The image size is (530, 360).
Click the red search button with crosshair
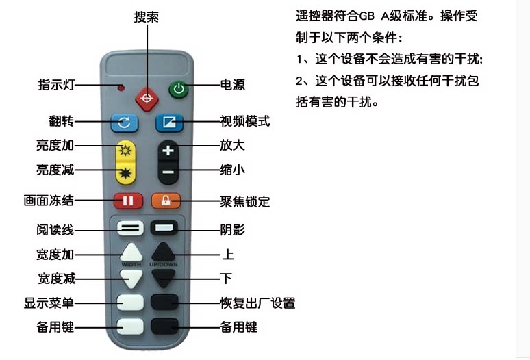tap(145, 99)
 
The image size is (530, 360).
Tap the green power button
tap(178, 89)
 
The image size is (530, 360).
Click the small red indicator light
tap(121, 88)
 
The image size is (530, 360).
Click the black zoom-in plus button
tap(168, 151)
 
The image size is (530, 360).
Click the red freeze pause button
tap(128, 201)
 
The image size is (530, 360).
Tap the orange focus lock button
tap(166, 201)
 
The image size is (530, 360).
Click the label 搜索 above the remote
tap(146, 17)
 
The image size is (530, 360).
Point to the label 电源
tap(232, 86)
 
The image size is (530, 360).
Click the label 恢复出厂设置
tap(257, 303)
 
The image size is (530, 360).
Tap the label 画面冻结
tap(48, 201)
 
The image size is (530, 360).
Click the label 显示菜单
tap(49, 303)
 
